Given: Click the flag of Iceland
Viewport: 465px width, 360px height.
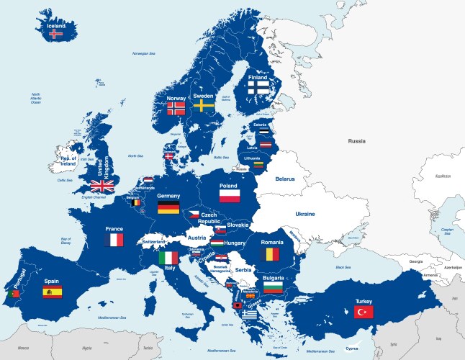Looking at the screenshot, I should click(x=55, y=34).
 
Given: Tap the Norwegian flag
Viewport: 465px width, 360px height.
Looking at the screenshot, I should click(x=176, y=108).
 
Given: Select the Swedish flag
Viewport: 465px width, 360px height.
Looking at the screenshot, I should click(x=203, y=106).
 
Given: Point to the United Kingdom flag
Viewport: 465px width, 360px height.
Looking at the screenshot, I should click(x=102, y=186).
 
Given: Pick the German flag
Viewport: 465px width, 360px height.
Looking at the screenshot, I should click(x=168, y=207).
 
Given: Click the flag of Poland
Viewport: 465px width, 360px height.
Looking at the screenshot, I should click(x=230, y=195).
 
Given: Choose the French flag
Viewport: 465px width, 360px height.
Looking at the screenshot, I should click(x=114, y=240).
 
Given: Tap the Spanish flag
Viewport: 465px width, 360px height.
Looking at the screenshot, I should click(x=53, y=292).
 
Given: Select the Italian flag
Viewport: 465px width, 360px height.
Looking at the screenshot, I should click(x=168, y=257).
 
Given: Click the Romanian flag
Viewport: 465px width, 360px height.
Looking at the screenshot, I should click(x=271, y=254).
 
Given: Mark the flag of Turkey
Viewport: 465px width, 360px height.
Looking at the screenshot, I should click(x=363, y=311).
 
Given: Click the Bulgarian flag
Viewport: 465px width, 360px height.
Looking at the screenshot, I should click(x=272, y=288).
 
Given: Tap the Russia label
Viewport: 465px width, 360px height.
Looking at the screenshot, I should click(x=357, y=141).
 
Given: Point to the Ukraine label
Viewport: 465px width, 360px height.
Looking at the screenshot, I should click(x=304, y=214).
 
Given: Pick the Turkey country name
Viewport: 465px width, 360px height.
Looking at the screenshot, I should click(x=363, y=301).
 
